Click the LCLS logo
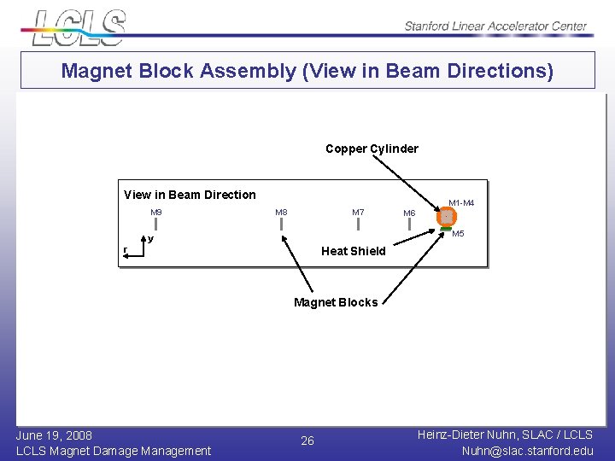coord(79,27)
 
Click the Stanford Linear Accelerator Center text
coord(495,26)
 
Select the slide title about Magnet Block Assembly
coord(307,71)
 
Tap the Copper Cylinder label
coord(372,149)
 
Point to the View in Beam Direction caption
coord(190,195)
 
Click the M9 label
coord(156,213)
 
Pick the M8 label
coord(281,213)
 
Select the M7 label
coord(358,213)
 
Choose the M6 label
coord(409,213)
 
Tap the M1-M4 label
coord(461,203)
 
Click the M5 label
coord(458,234)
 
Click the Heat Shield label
coord(353,251)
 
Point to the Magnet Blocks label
coord(335,302)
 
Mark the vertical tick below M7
coord(359,225)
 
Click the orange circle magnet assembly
coord(446,219)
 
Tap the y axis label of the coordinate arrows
coord(151,239)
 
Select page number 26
coord(307,441)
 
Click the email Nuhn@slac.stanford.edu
coord(527,451)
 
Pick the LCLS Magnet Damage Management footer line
coord(114,451)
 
